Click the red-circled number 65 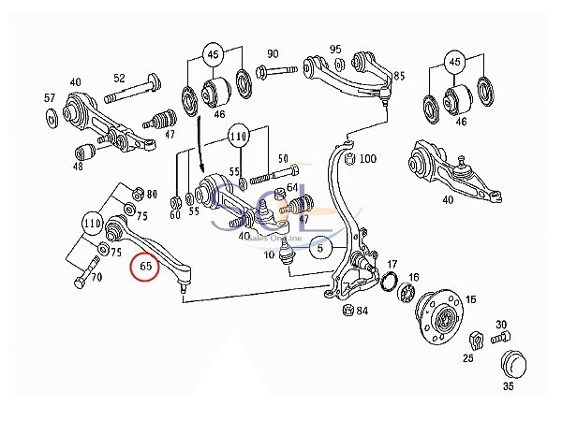tap(145, 267)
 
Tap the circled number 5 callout tap(319, 249)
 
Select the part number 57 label tap(50, 97)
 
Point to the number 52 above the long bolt tap(119, 79)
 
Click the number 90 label tap(274, 53)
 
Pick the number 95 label tap(335, 49)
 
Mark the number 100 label tap(367, 159)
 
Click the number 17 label tap(392, 265)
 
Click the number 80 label tap(152, 195)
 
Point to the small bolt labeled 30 tap(496, 336)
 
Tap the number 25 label tap(467, 358)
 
